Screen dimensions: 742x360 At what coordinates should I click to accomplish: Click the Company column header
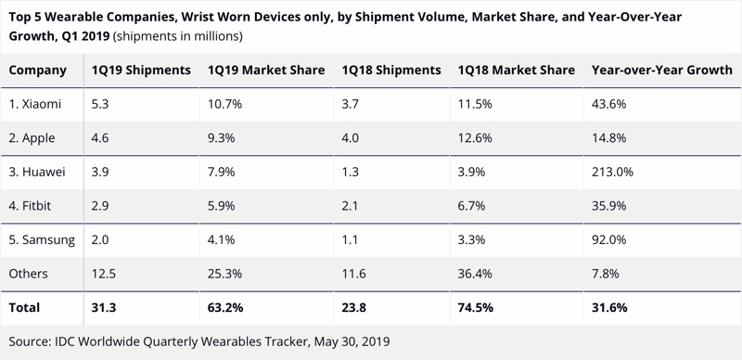[37, 71]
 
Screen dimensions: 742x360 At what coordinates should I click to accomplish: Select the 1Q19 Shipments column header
[141, 71]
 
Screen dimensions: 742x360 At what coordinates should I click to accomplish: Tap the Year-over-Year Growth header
[662, 71]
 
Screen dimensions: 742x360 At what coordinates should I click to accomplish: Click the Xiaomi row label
[35, 104]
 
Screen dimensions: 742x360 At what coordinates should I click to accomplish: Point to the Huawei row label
[37, 172]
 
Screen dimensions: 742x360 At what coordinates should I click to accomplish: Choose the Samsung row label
[42, 240]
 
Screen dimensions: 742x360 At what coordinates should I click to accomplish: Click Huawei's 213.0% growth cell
[612, 172]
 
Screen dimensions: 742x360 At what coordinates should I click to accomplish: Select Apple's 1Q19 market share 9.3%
[222, 138]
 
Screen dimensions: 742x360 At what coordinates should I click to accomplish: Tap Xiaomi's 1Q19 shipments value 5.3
[100, 104]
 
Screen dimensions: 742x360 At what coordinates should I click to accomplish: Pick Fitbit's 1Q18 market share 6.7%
[471, 206]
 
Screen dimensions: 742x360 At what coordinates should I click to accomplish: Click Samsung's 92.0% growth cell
[609, 239]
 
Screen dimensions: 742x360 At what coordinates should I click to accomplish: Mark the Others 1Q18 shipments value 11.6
[354, 274]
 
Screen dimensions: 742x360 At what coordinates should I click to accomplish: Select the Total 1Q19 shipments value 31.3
[104, 308]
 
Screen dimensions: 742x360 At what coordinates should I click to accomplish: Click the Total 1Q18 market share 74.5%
[476, 308]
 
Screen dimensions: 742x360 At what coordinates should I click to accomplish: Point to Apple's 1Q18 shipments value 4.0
[351, 138]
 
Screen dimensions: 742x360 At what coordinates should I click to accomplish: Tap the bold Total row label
[24, 308]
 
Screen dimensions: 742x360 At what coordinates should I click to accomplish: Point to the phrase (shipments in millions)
[178, 36]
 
